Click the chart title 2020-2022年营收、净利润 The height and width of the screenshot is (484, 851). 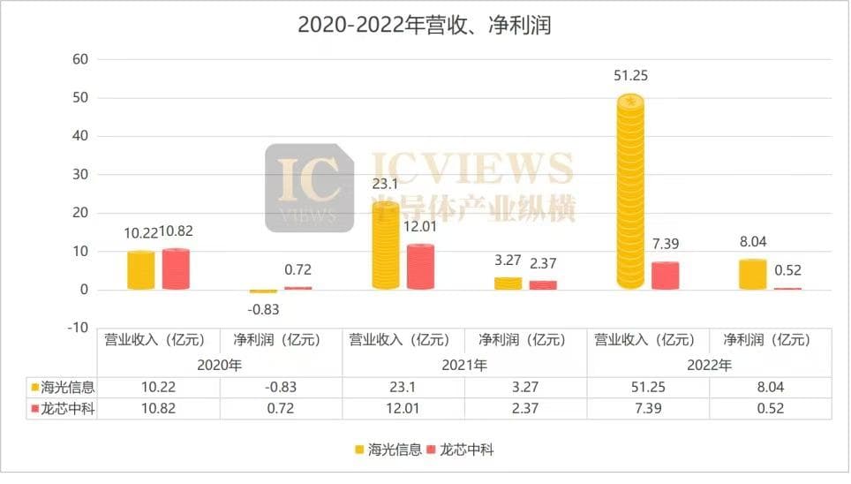(x=424, y=25)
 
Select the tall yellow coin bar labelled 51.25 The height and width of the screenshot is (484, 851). (x=629, y=193)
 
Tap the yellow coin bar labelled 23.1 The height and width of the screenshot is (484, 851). (x=385, y=246)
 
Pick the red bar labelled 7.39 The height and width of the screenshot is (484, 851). (x=665, y=276)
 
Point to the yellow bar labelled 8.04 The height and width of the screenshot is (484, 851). (x=751, y=275)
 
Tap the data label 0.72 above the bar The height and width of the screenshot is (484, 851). (x=298, y=270)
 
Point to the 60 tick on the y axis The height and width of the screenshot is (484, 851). (x=80, y=59)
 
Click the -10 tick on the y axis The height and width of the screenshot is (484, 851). (x=78, y=328)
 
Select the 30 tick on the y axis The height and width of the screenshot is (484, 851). (x=80, y=175)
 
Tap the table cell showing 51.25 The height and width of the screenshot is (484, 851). (x=647, y=387)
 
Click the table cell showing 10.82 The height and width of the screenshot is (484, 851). (x=158, y=409)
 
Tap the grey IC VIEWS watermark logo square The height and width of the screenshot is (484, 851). (x=310, y=187)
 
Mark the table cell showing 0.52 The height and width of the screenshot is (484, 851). (x=770, y=409)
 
